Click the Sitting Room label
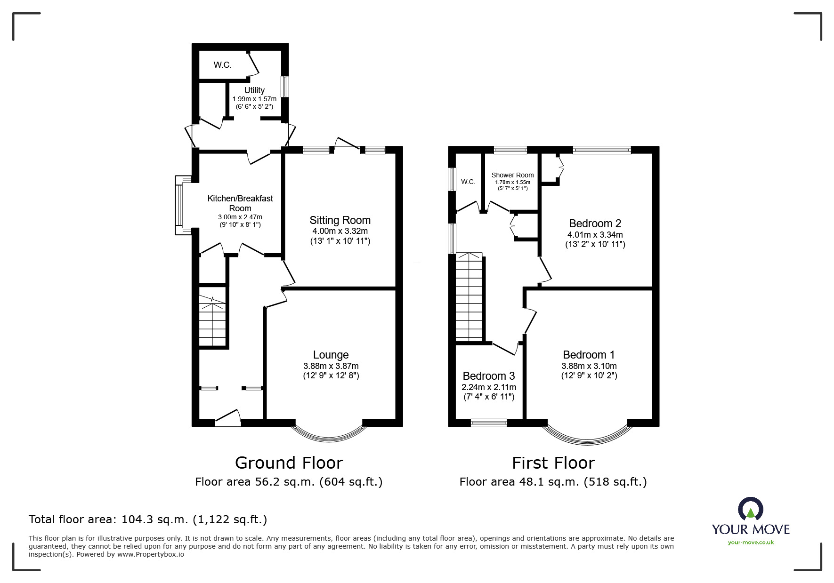340,220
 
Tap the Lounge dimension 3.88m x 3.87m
331,366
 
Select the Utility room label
254,90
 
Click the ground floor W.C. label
222,65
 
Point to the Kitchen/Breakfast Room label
240,203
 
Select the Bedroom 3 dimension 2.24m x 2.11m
488,387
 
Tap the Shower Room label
512,175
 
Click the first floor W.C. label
468,182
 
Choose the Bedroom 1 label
589,355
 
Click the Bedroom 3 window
489,423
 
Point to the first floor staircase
469,296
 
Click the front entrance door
228,419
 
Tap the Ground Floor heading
289,463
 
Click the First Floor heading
553,463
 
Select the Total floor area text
148,519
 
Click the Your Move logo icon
750,509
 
